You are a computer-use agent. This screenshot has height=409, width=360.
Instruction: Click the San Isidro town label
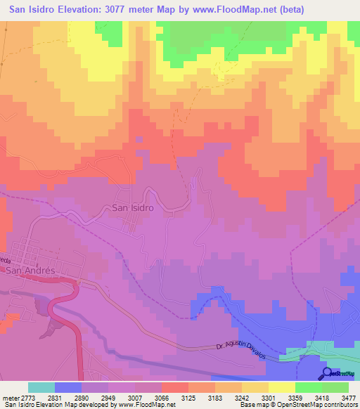point(133,208)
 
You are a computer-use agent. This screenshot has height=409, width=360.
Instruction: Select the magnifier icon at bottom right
point(328,374)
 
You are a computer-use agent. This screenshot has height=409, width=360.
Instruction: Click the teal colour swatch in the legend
point(41,387)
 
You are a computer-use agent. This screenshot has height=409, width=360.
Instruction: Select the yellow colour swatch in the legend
point(281,387)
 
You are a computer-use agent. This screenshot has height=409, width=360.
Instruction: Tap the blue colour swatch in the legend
point(68,387)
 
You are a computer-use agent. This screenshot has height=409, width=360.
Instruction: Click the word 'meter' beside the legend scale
point(10,397)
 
